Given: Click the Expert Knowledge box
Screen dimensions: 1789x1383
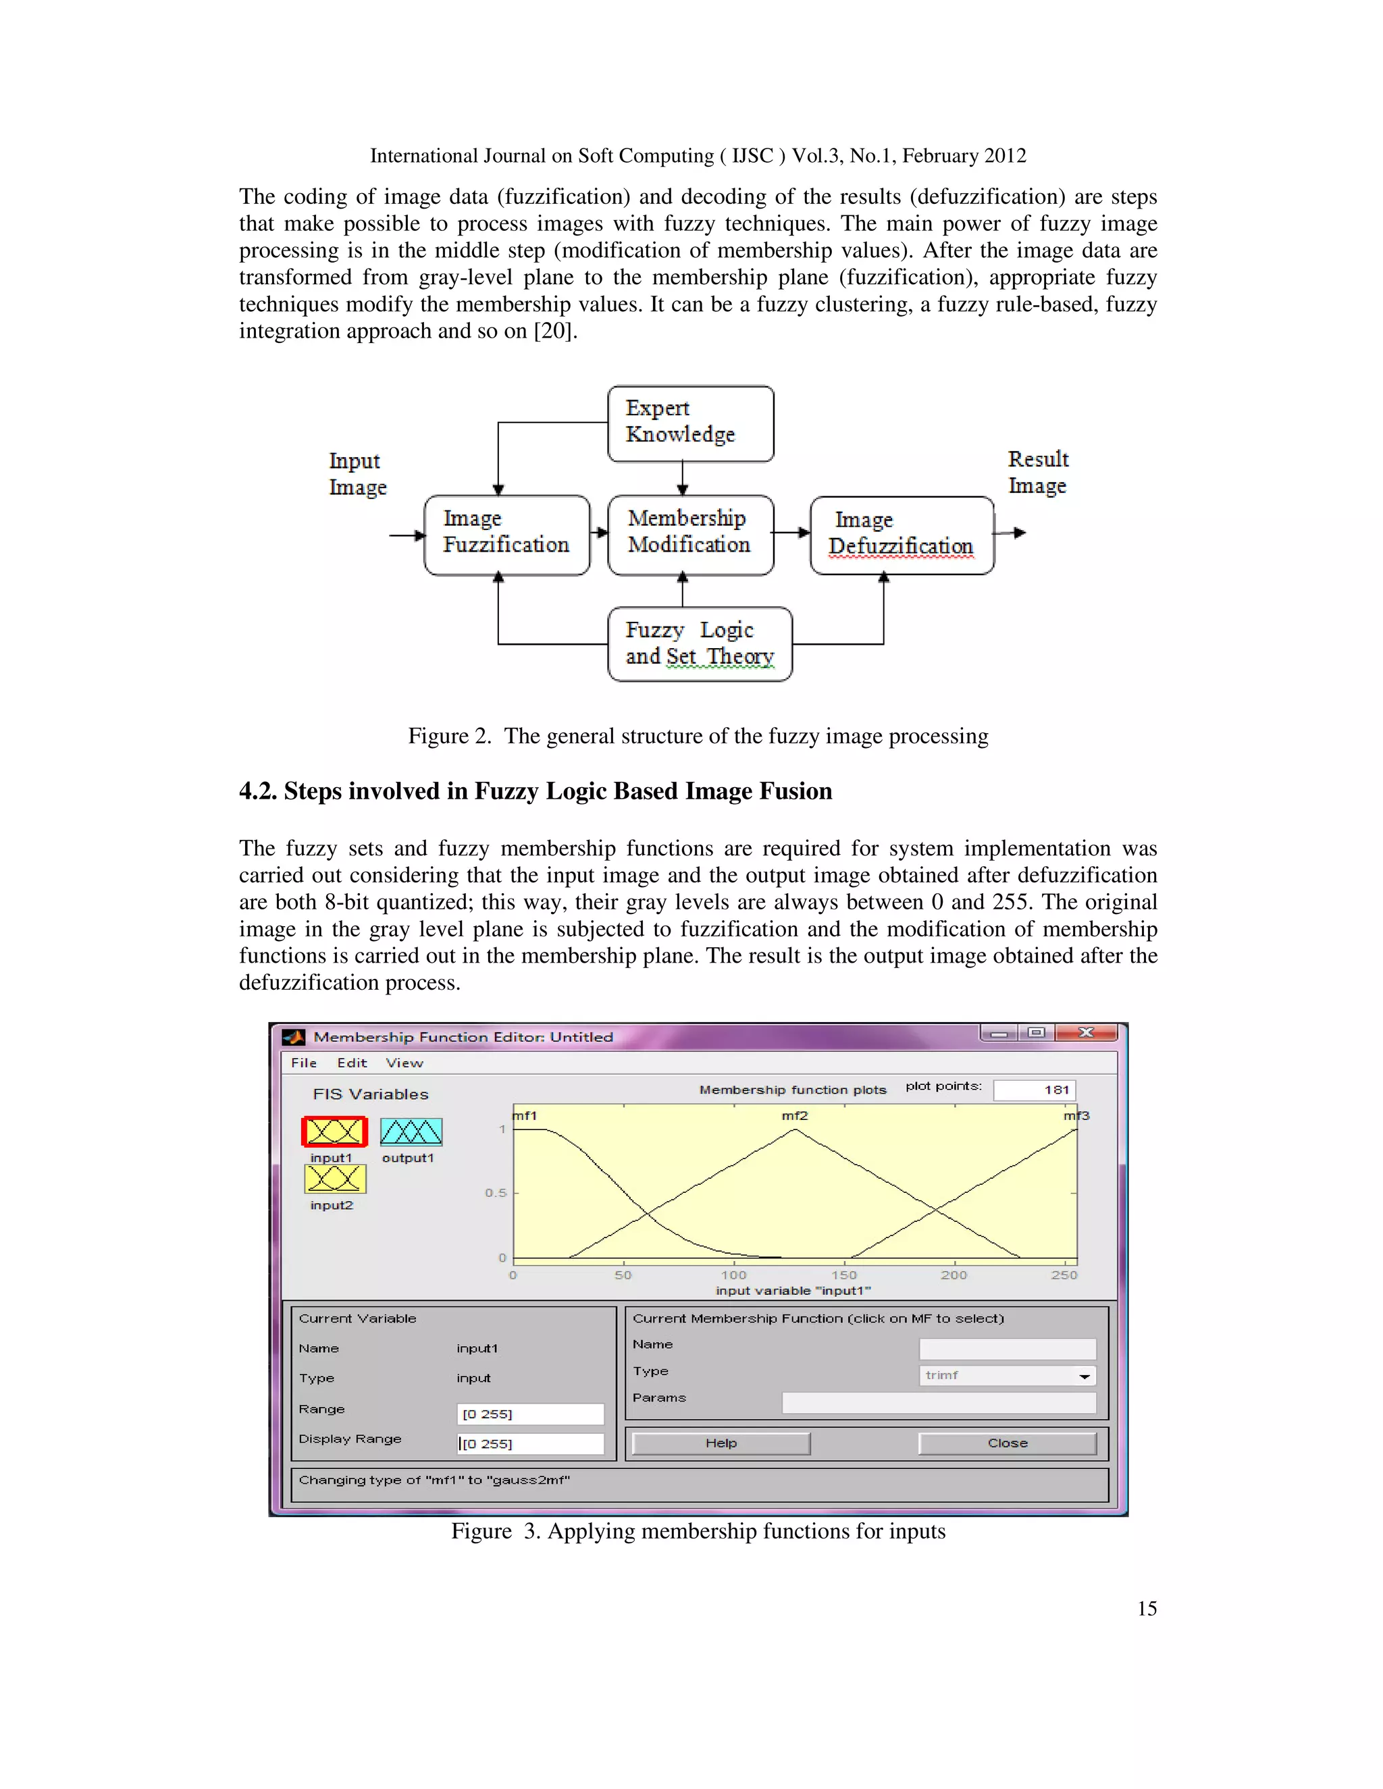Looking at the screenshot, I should [x=690, y=423].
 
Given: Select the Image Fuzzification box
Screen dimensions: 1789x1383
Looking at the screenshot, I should [x=506, y=534].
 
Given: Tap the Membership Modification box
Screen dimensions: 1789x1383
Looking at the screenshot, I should [x=690, y=534].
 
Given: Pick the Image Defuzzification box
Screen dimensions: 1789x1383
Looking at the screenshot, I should [x=902, y=535].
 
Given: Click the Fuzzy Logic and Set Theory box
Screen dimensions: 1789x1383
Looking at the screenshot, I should [x=700, y=644].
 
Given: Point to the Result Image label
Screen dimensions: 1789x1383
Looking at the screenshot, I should [x=1037, y=472].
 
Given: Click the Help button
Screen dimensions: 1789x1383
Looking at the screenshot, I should [x=721, y=1443].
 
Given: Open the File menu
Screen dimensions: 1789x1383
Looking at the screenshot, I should [x=303, y=1063].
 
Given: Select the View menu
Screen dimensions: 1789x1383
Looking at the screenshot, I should [x=405, y=1063].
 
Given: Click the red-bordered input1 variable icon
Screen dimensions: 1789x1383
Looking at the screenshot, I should [x=334, y=1132].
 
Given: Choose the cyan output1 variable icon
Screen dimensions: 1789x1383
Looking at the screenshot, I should [x=411, y=1132].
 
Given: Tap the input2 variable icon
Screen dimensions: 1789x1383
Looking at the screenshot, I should [x=334, y=1179].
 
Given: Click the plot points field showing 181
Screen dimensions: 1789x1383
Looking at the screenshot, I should [x=1033, y=1090].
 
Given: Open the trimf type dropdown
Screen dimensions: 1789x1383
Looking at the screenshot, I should [x=1007, y=1375].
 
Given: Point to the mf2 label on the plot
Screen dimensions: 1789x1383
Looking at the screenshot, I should [x=794, y=1116].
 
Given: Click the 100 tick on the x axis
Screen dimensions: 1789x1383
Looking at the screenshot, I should [x=733, y=1275].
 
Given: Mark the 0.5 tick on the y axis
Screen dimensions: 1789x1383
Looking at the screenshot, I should [x=496, y=1193].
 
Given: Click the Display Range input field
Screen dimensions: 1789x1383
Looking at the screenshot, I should [x=530, y=1443].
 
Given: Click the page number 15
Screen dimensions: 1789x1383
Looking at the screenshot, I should [x=1146, y=1609].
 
